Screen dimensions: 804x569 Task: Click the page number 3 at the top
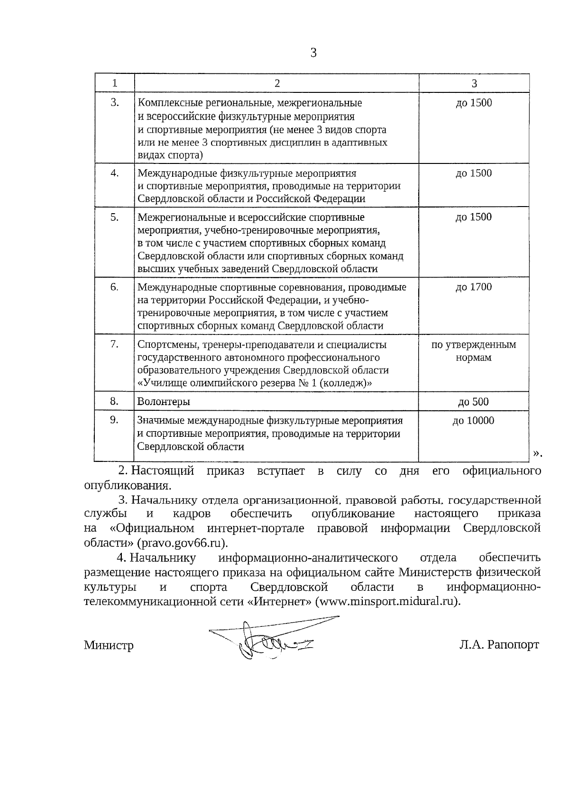click(313, 53)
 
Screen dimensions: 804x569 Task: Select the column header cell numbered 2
click(277, 83)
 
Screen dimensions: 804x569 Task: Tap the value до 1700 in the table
click(474, 287)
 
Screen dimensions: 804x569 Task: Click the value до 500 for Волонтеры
click(473, 402)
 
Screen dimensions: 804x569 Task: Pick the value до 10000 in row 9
click(473, 421)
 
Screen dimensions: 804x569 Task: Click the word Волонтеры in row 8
click(164, 402)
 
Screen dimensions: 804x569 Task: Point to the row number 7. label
click(114, 344)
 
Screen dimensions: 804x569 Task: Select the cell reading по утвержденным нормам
click(473, 351)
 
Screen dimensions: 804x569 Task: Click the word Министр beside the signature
click(109, 645)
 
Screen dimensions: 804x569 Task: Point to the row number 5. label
click(114, 217)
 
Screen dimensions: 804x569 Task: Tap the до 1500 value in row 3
click(474, 103)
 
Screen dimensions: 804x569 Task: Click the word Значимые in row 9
click(161, 421)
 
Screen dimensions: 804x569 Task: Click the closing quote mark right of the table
click(537, 454)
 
